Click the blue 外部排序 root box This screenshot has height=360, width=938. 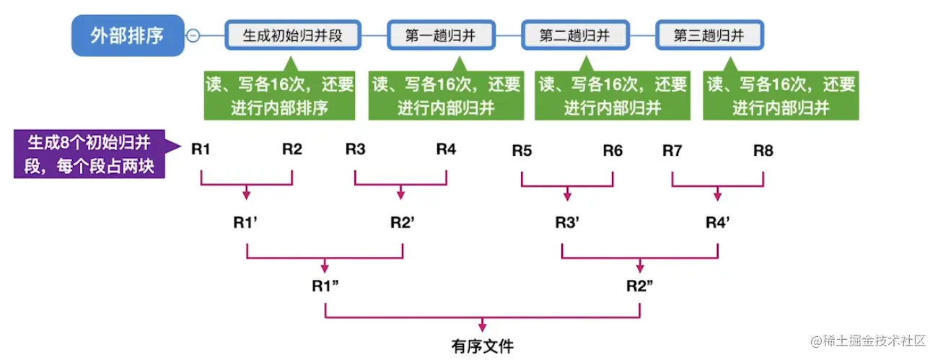click(x=127, y=35)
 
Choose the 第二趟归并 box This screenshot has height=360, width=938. click(x=574, y=35)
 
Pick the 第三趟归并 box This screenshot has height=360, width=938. click(x=709, y=35)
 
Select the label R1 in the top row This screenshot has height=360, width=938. click(x=201, y=150)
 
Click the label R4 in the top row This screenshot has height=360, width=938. click(x=446, y=150)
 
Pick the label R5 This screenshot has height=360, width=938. click(x=522, y=151)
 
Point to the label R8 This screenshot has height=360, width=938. click(x=763, y=151)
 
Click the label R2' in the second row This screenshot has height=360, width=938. click(x=402, y=222)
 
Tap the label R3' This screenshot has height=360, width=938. click(x=568, y=222)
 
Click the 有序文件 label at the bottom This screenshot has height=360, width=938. click(x=482, y=346)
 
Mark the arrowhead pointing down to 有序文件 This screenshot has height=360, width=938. click(x=482, y=328)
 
